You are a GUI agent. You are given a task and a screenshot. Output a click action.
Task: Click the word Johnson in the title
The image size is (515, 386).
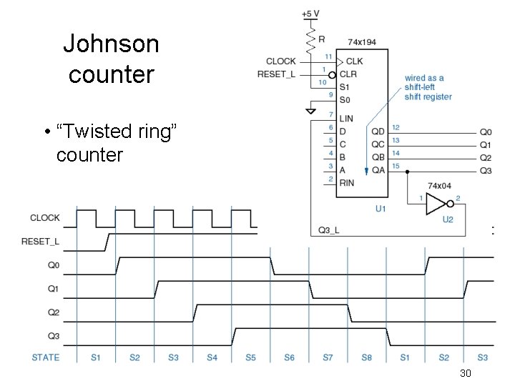pos(111,44)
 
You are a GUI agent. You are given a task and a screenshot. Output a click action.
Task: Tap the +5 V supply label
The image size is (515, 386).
pos(311,14)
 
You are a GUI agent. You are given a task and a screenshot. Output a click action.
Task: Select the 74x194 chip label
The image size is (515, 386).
pos(361,42)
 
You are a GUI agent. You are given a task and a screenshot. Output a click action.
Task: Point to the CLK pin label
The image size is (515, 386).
pos(354,61)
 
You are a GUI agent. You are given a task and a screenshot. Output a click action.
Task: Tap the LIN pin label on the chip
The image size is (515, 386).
pos(346,119)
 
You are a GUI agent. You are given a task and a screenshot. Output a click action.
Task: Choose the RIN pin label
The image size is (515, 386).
pos(346,182)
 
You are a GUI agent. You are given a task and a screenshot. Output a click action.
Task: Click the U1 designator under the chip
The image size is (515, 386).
pos(381,208)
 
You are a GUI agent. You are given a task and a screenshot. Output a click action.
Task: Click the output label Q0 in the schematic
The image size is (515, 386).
pos(486,132)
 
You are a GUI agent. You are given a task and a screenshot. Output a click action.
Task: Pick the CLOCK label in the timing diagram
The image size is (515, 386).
pos(45,218)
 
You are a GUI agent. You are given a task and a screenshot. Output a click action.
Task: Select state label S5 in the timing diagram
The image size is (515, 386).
pos(251,357)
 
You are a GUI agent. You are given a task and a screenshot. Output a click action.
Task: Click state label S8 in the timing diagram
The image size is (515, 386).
pos(367,357)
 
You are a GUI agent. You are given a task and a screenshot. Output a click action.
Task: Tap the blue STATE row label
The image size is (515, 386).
pos(46,357)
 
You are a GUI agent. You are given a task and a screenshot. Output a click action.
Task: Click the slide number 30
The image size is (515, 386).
pos(465,374)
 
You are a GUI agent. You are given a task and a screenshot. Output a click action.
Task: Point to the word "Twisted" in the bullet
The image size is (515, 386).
pos(91,132)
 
